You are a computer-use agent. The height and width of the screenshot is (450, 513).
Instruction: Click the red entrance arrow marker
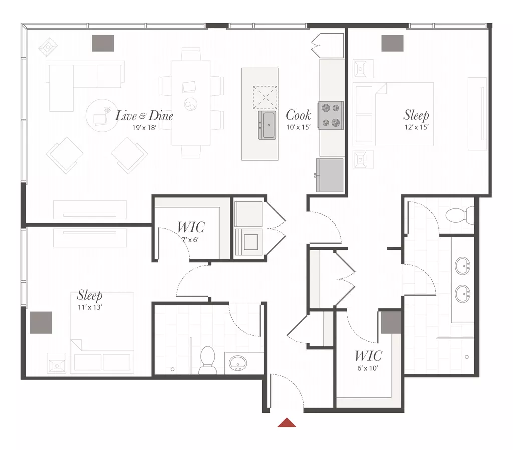point(287,422)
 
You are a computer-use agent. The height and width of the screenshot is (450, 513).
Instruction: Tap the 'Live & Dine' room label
point(144,116)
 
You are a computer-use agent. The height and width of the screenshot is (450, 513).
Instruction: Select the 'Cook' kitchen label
point(298,115)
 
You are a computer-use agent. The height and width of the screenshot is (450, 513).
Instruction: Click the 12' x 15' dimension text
point(416,127)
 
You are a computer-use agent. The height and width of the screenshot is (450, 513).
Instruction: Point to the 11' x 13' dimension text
point(90,307)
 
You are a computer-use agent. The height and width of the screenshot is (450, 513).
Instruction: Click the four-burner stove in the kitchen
point(331,115)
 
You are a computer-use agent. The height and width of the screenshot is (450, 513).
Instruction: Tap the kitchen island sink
point(267,125)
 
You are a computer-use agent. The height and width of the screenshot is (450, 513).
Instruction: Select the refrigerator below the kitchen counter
point(330,175)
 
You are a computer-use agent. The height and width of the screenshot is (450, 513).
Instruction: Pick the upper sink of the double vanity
point(462,265)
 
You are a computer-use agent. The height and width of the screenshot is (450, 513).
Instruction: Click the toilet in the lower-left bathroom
point(207,360)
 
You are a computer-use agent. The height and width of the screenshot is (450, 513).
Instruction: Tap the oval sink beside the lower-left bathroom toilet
point(238,363)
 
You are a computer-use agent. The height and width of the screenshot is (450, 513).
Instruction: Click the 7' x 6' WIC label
point(191,240)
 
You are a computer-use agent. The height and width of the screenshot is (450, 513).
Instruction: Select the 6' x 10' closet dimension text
point(368,368)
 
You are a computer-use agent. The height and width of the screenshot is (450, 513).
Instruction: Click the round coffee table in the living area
point(102,116)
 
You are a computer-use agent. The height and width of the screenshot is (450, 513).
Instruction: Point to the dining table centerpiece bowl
point(191,104)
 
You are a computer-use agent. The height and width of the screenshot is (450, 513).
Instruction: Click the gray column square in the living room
point(103,43)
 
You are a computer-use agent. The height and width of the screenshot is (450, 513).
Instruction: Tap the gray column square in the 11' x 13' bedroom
point(41,322)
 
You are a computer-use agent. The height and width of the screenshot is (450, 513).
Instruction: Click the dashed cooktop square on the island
point(265,98)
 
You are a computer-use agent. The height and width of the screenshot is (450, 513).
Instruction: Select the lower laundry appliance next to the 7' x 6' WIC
point(248,242)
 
